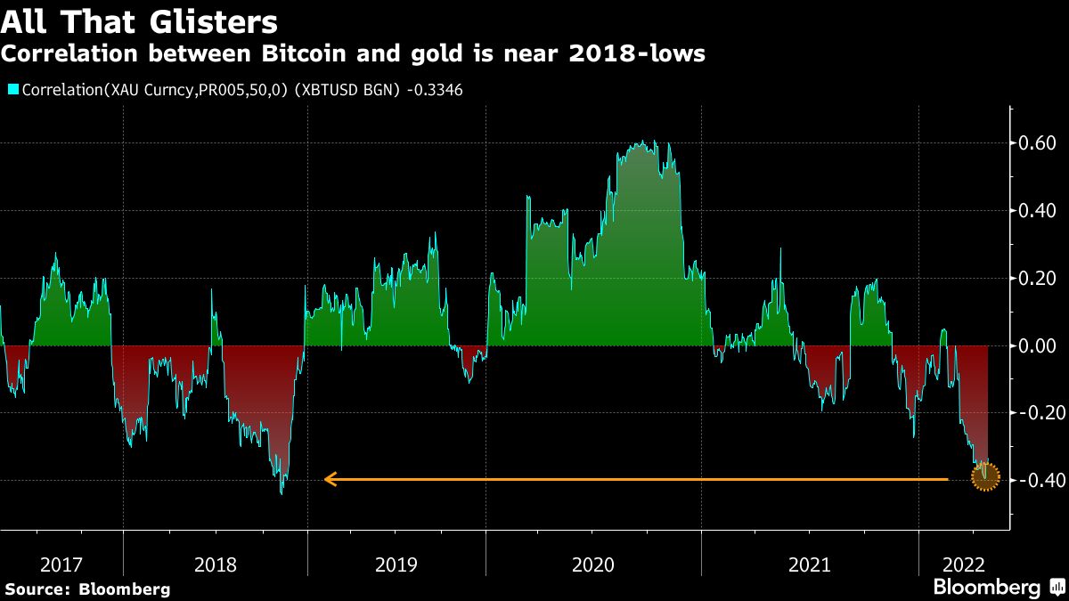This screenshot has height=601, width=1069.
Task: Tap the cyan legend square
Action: (x=12, y=89)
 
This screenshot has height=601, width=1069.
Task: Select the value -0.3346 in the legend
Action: (x=433, y=89)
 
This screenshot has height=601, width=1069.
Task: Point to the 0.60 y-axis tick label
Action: (x=1037, y=142)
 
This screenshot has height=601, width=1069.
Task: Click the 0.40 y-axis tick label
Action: (x=1037, y=210)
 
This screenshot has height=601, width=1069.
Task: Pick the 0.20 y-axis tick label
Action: (x=1037, y=278)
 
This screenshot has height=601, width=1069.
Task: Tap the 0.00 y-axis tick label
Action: (x=1037, y=345)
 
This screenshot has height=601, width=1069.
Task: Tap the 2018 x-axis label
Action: (x=215, y=564)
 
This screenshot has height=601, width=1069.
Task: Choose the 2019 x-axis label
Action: (x=396, y=564)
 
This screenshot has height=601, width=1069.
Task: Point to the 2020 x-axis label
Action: (x=593, y=564)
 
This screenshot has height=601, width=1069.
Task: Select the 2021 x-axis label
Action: (x=809, y=564)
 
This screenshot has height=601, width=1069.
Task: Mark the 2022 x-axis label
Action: (x=964, y=564)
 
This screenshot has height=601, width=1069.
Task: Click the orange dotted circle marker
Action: (x=984, y=479)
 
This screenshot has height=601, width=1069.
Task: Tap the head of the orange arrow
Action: (x=328, y=480)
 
